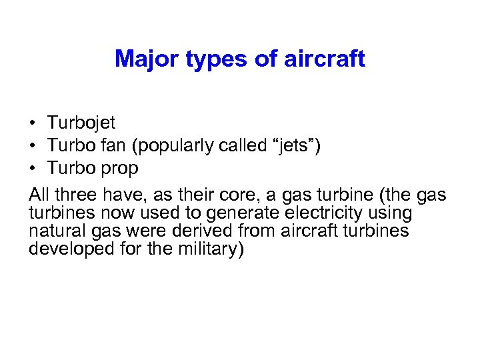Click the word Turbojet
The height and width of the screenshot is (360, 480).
point(81,123)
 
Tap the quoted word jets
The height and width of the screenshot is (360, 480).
point(293,146)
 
